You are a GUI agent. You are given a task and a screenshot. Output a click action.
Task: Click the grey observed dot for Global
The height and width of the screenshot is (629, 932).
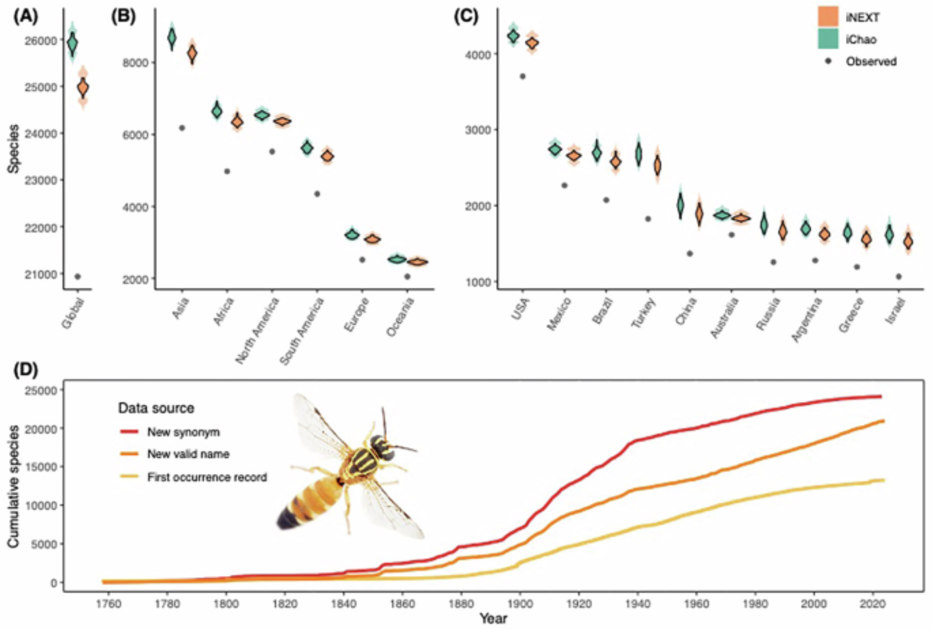78,277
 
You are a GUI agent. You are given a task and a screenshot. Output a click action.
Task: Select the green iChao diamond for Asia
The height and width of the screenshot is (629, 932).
172,37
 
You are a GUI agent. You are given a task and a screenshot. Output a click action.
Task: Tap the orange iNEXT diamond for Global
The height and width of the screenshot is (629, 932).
83,88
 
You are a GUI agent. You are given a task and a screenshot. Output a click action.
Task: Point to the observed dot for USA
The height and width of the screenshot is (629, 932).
522,76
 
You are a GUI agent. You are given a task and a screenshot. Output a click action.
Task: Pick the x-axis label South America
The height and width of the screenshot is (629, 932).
302,331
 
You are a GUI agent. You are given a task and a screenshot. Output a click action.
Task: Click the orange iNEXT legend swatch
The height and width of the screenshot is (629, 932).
828,17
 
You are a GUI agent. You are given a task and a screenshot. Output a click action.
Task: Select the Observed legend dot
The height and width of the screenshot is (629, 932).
828,61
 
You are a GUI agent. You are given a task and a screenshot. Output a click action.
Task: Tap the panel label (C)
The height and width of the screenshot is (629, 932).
466,16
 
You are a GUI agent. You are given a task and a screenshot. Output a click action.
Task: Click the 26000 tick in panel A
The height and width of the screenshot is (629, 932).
41,41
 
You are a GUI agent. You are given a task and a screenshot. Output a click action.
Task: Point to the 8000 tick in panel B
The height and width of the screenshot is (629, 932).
135,63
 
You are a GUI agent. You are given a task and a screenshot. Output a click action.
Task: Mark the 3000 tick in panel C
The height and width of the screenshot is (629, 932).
478,130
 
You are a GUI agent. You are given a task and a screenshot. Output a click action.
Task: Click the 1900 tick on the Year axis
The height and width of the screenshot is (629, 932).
520,604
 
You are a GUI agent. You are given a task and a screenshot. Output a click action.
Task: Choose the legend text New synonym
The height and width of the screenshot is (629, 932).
183,432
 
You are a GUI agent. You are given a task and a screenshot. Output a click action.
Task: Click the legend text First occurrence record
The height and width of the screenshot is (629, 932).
207,477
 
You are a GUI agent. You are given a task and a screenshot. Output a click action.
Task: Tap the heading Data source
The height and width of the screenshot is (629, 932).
156,408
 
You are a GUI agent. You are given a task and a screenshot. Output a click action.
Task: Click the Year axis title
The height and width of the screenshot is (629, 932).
493,618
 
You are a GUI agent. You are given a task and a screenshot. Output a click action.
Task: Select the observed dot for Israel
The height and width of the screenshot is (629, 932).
898,277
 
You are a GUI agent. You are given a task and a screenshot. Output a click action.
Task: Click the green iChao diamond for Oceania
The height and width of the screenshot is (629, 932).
397,259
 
